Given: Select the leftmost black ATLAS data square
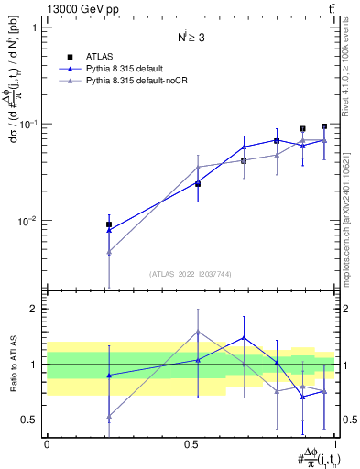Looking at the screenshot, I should point(109,224).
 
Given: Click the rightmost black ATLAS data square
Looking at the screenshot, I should point(324,126).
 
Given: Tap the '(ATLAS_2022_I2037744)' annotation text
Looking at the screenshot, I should point(190,273).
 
